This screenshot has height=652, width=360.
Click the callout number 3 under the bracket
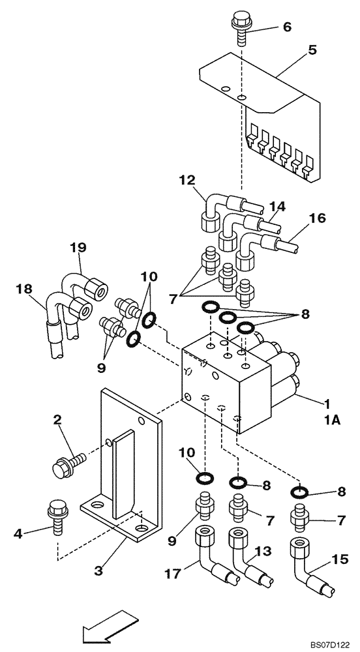coord(99,571)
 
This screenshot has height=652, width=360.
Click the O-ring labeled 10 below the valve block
coord(204,479)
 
